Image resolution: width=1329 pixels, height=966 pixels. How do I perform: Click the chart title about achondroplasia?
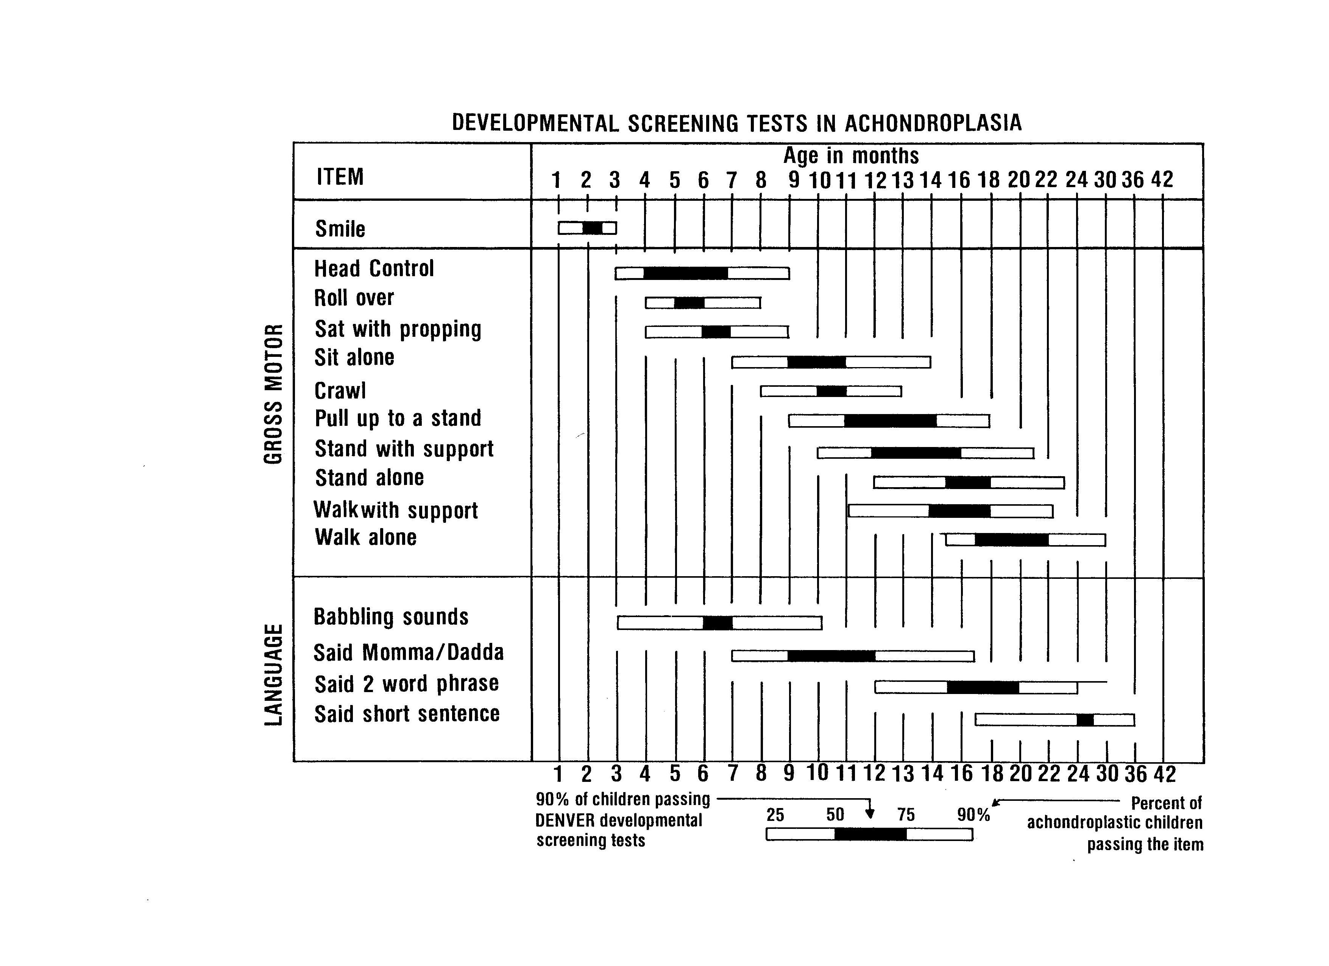click(736, 123)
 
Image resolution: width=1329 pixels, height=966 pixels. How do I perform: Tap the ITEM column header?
click(340, 177)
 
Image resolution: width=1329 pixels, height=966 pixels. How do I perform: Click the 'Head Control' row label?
click(374, 269)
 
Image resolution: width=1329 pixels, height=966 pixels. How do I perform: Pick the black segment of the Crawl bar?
click(831, 391)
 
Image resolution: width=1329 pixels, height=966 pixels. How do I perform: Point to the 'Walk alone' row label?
click(366, 537)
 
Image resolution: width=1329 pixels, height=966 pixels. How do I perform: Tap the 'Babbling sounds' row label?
click(391, 617)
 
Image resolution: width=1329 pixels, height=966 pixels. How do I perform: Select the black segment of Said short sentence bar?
click(1085, 720)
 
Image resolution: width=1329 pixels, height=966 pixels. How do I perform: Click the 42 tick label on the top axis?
click(1162, 179)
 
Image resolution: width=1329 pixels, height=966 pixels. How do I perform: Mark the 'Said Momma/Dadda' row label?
click(409, 652)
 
